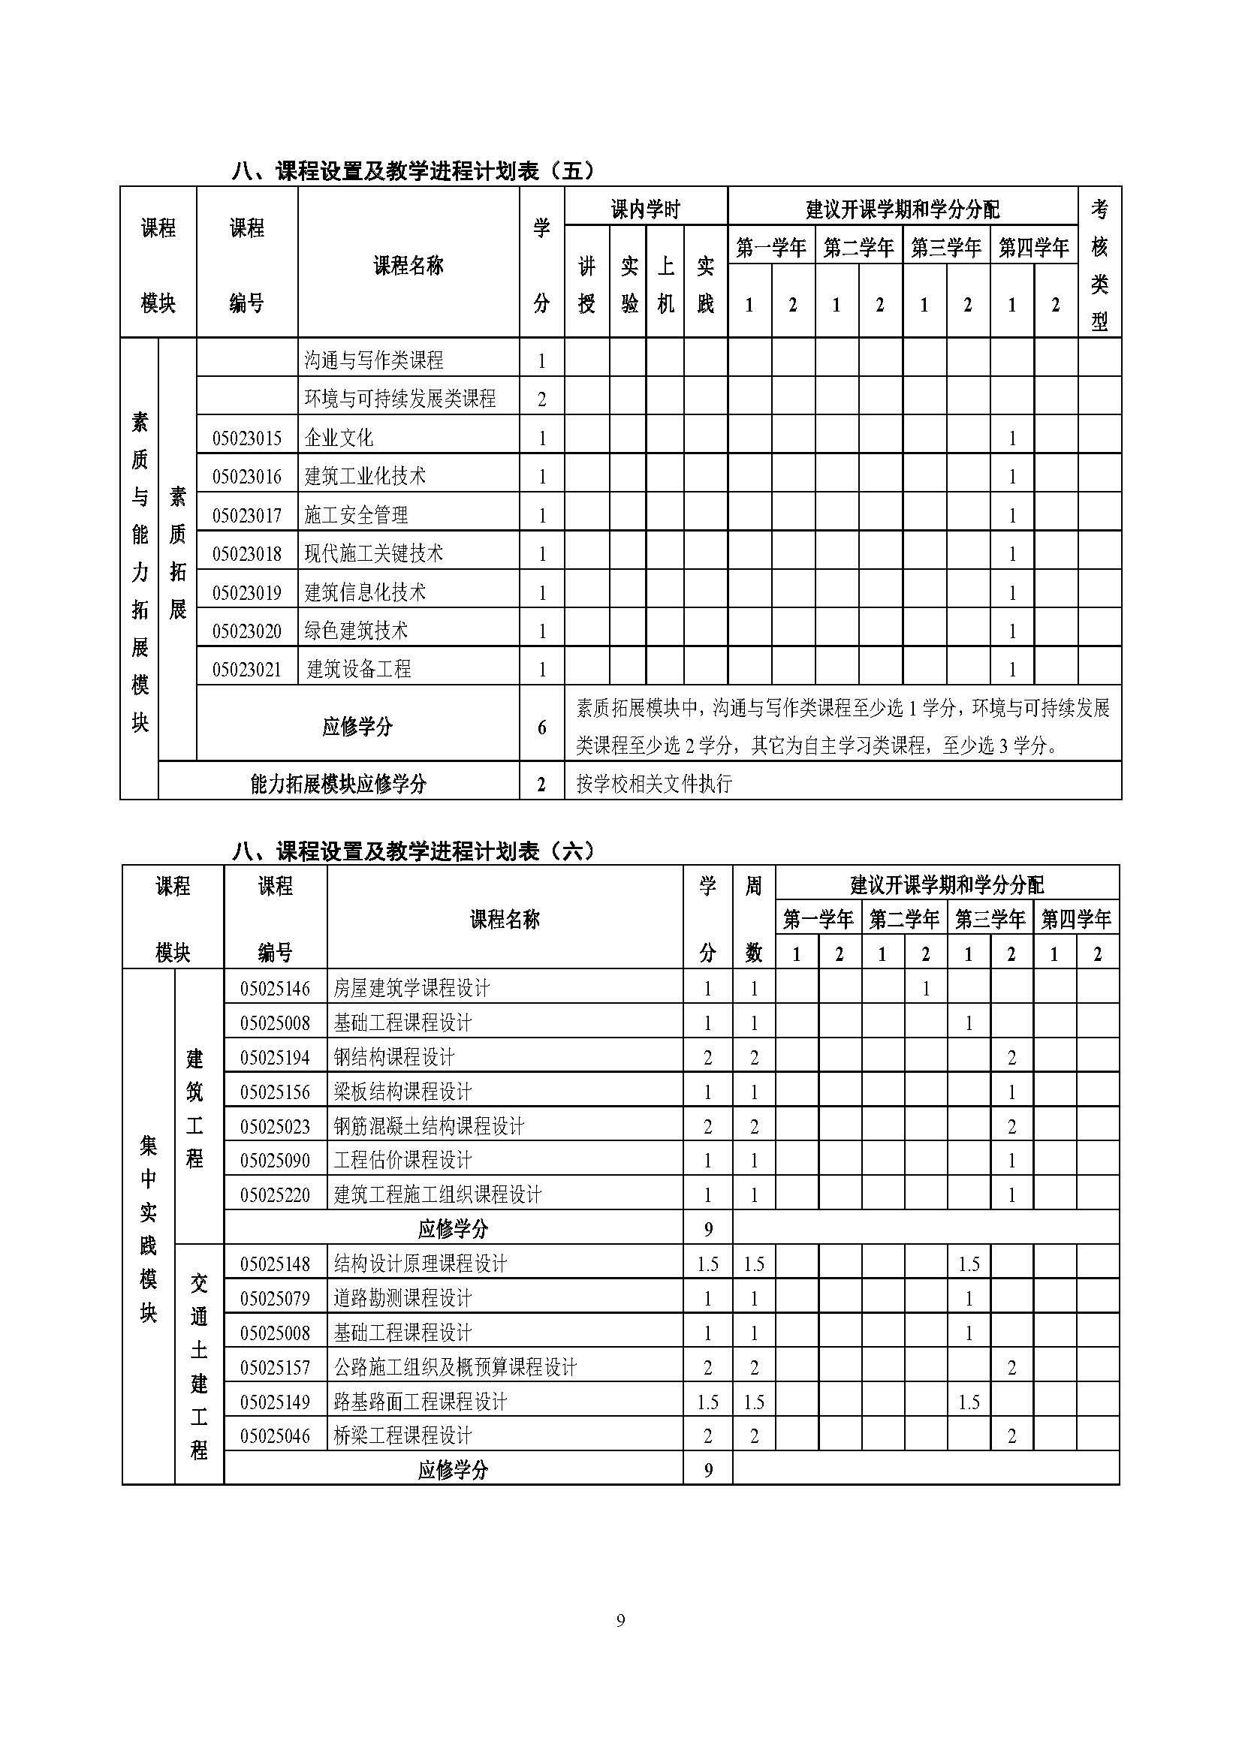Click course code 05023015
(x=246, y=438)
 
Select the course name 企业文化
(x=338, y=438)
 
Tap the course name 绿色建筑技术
(x=357, y=630)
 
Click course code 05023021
(x=246, y=670)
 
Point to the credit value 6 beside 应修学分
(x=541, y=727)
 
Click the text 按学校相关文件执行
(x=654, y=783)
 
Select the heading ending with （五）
(x=413, y=170)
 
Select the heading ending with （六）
(x=413, y=851)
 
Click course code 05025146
(x=275, y=989)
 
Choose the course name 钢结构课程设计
(x=394, y=1058)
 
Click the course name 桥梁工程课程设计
(x=402, y=1435)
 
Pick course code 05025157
(x=275, y=1367)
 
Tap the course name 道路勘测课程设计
(x=402, y=1298)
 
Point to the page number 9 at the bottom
(x=620, y=1620)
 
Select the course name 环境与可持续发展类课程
(x=400, y=399)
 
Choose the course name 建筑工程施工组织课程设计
(x=438, y=1194)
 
